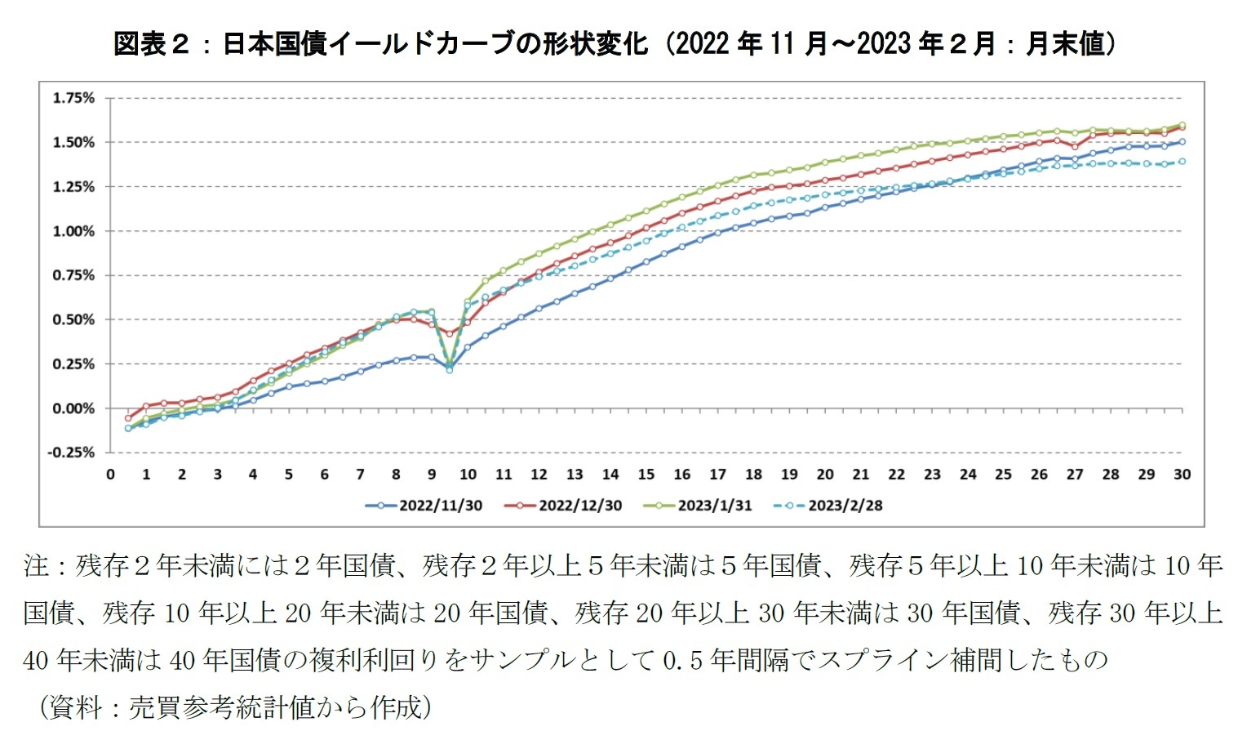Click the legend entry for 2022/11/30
[424, 506]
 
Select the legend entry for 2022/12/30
[564, 506]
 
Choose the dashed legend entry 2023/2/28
[829, 506]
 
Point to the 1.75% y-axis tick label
[73, 98]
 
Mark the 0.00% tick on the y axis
[73, 408]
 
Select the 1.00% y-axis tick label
[73, 231]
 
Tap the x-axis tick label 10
[468, 475]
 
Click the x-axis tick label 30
[1182, 475]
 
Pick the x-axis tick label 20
[825, 475]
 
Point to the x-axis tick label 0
[110, 475]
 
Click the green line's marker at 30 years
[1182, 125]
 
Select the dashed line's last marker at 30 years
[1182, 162]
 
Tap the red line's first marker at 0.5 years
[128, 417]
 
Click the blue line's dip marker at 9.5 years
[450, 370]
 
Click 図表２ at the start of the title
[150, 43]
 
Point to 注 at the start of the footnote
[37, 565]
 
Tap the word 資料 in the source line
[76, 707]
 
